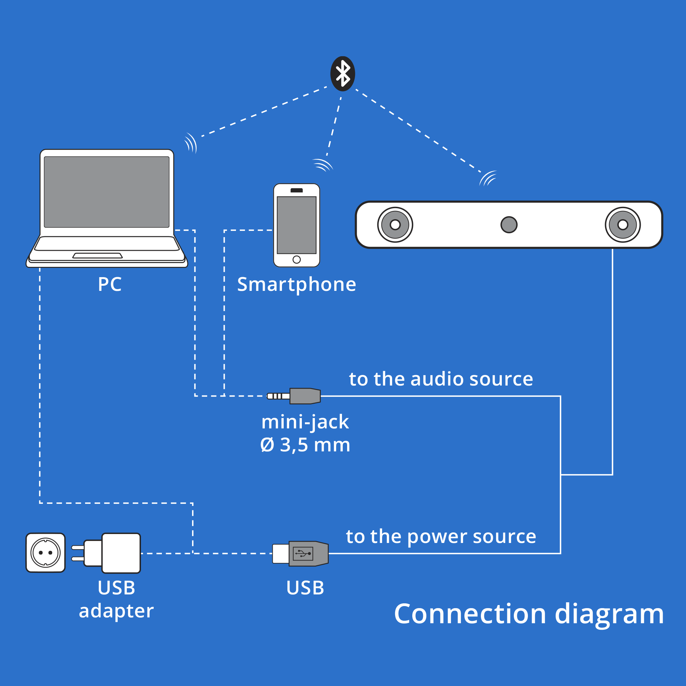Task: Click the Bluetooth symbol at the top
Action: [343, 74]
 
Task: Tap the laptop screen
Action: [107, 192]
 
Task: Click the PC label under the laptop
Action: [110, 284]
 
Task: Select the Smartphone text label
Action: [296, 284]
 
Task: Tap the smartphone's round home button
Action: [296, 260]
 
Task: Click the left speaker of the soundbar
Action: [395, 225]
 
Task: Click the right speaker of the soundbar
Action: [623, 225]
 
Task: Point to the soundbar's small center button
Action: [509, 225]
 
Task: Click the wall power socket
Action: [46, 553]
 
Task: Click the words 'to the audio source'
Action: [441, 379]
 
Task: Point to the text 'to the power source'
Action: [441, 536]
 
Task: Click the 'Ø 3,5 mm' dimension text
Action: [305, 445]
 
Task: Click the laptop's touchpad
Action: [97, 256]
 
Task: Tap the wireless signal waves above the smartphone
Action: [322, 165]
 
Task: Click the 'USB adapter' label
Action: [117, 599]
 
